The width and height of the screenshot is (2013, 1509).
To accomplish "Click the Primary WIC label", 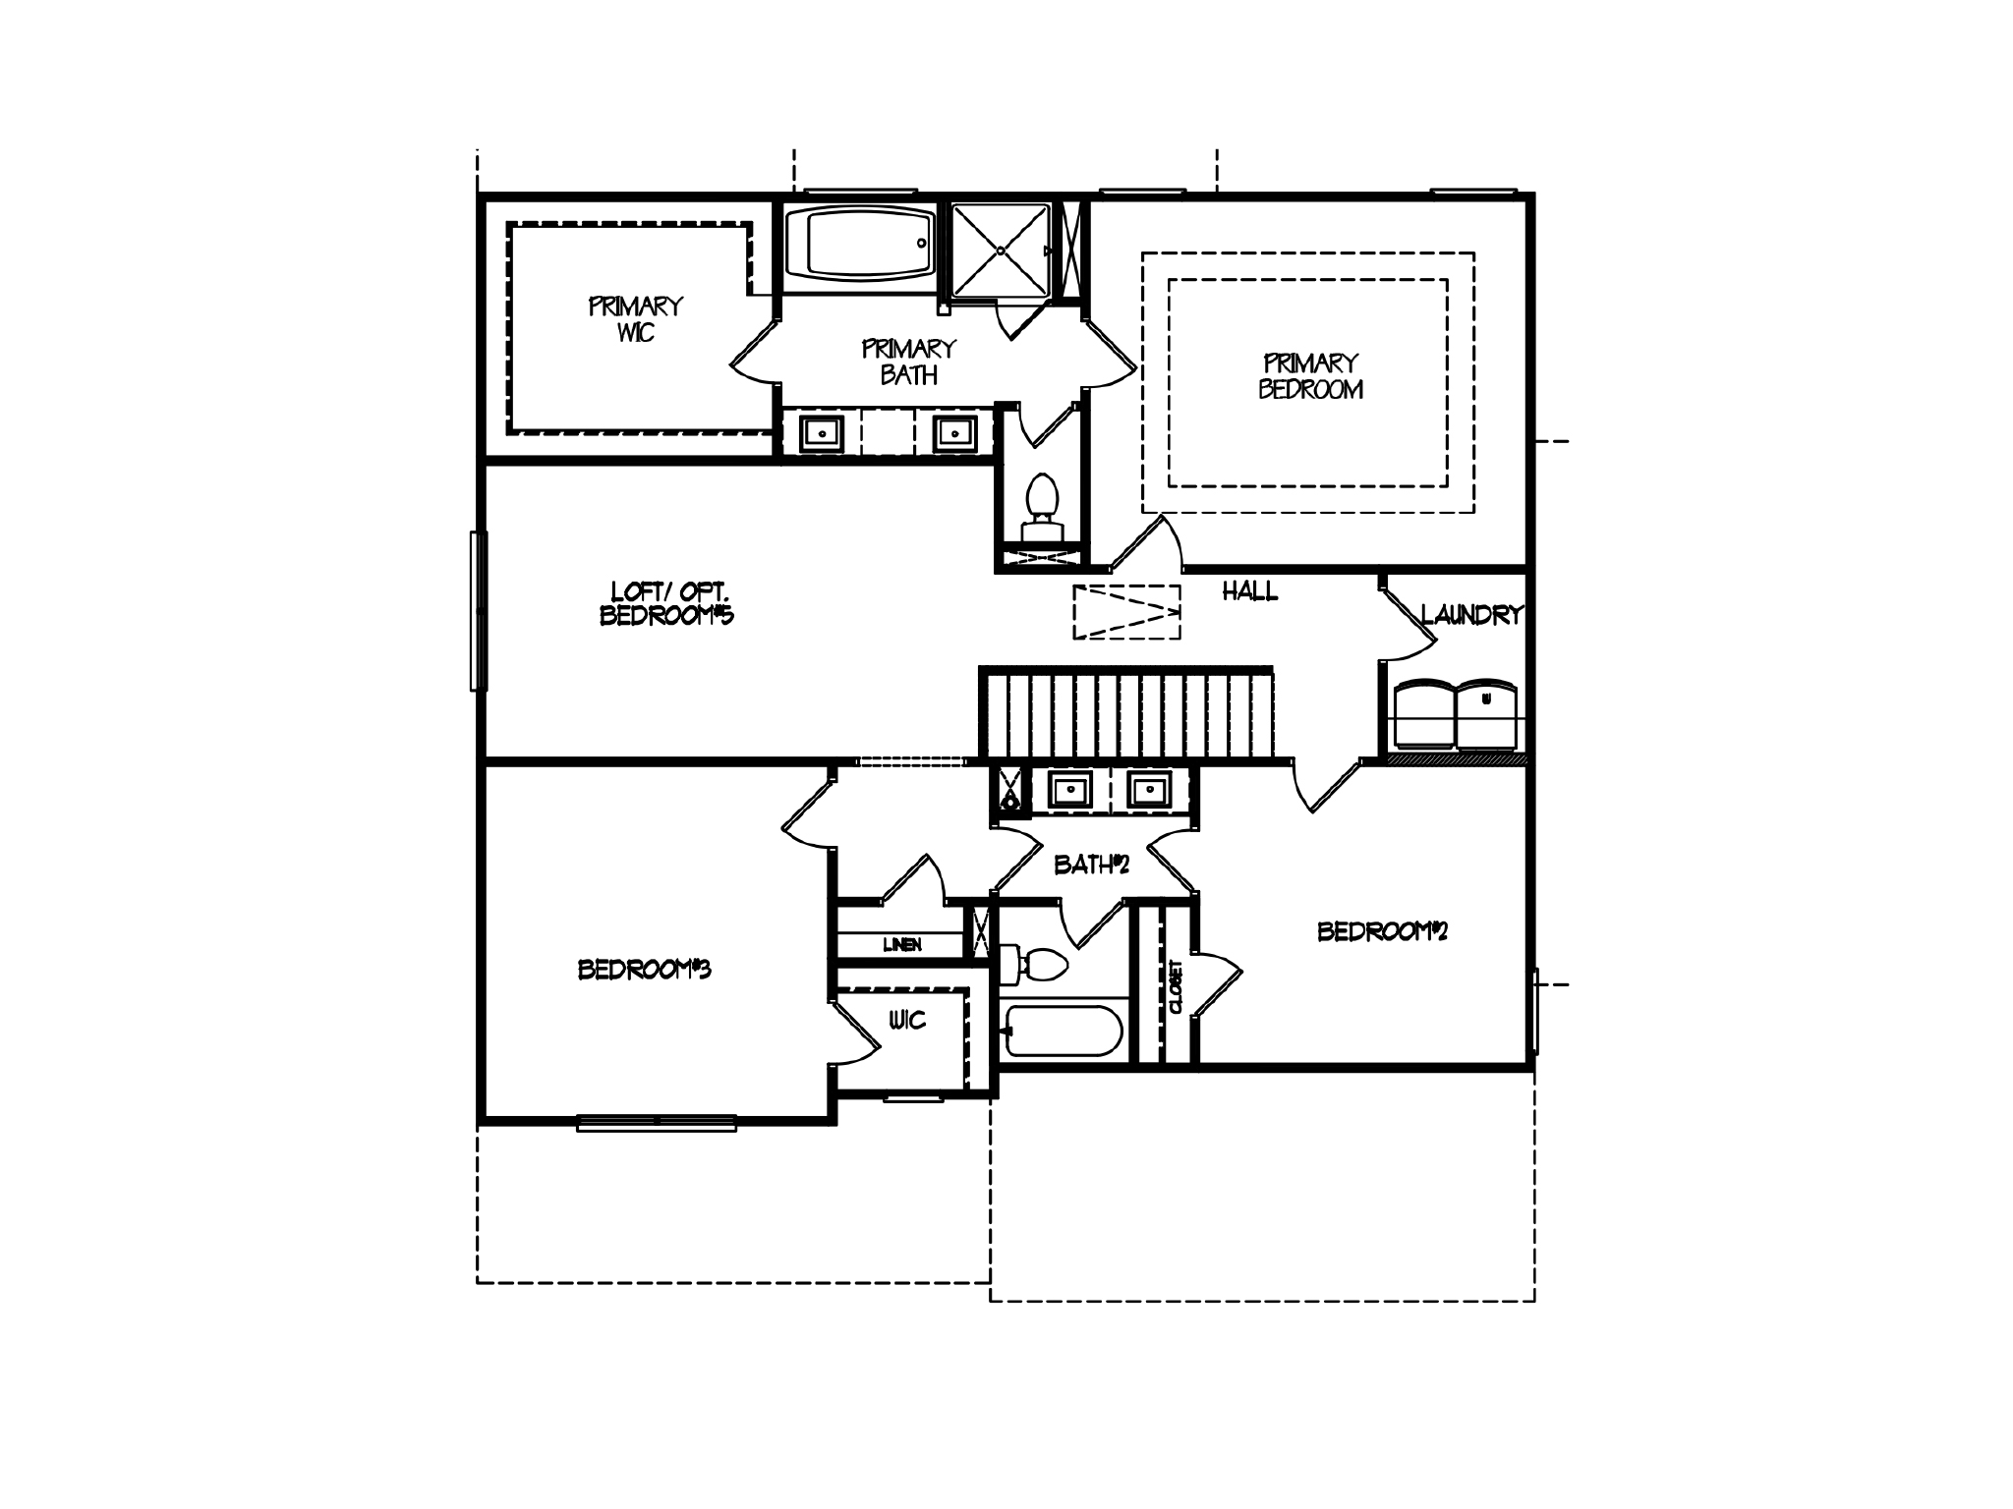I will pos(635,319).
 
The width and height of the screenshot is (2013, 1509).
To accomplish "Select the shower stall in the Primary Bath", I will pos(1001,250).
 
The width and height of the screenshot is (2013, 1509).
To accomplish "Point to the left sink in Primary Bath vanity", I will pos(821,432).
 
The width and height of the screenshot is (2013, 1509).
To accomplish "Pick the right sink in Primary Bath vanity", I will pos(953,432).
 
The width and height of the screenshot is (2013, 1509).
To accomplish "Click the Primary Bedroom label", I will pos(1310,376).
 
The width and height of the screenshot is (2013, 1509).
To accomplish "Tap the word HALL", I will pos(1249,591).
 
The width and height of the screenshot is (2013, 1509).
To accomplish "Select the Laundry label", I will pos(1471,615).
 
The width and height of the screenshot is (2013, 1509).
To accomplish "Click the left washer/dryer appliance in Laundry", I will pos(1424,715).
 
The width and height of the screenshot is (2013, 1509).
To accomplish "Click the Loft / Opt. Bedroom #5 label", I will pos(667,603).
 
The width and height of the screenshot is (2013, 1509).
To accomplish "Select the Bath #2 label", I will pos(1091,865).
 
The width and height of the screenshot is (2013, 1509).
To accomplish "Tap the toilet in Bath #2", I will pos(1034,964).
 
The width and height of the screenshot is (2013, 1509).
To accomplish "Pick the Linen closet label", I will pos(901,945).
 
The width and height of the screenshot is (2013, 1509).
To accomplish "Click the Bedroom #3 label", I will pos(644,970).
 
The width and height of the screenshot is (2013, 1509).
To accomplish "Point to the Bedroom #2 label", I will pos(1382,930).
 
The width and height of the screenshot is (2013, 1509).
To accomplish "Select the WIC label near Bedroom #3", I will pos(907,1021).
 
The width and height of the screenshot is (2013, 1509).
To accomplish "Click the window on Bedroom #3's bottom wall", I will pos(656,1123).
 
